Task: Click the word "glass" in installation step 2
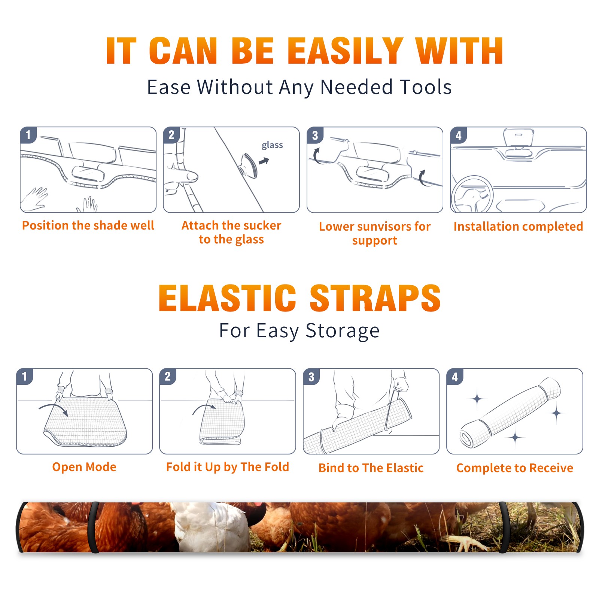272,145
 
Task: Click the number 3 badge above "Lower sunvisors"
315,135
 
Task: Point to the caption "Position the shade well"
88,225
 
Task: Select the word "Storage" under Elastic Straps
343,331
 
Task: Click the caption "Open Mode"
84,467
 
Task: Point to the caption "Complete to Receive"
515,468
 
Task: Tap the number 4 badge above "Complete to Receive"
455,377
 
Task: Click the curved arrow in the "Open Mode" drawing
54,407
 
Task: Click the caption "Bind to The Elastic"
371,468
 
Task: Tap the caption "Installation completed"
518,226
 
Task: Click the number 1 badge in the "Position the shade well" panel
28,134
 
